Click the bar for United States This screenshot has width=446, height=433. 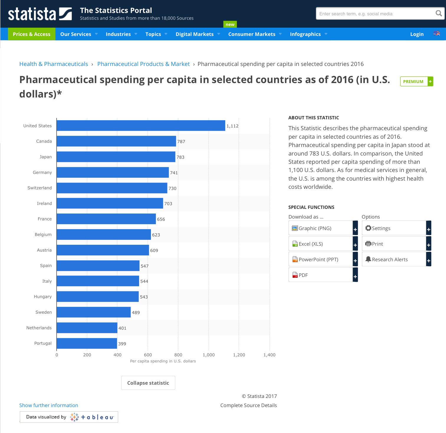pyautogui.click(x=141, y=125)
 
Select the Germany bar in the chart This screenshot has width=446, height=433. pyautogui.click(x=113, y=172)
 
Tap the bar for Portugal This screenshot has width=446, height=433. pyautogui.click(x=87, y=343)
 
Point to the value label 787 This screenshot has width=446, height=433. pyautogui.click(x=181, y=141)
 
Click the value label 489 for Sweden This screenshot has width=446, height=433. pyautogui.click(x=136, y=313)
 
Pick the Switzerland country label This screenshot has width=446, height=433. pyautogui.click(x=40, y=188)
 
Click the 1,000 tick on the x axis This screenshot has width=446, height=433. pyautogui.click(x=208, y=355)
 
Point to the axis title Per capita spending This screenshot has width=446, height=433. pyautogui.click(x=163, y=361)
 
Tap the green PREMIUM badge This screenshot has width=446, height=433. pyautogui.click(x=413, y=82)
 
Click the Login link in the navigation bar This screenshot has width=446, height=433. pyautogui.click(x=417, y=34)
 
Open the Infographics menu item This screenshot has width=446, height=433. pyautogui.click(x=305, y=34)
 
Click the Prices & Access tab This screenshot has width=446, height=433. pyautogui.click(x=32, y=34)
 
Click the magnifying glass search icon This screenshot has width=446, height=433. pyautogui.click(x=438, y=13)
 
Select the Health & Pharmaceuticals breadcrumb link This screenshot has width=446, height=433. pyautogui.click(x=54, y=64)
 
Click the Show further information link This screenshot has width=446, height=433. pyautogui.click(x=49, y=405)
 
